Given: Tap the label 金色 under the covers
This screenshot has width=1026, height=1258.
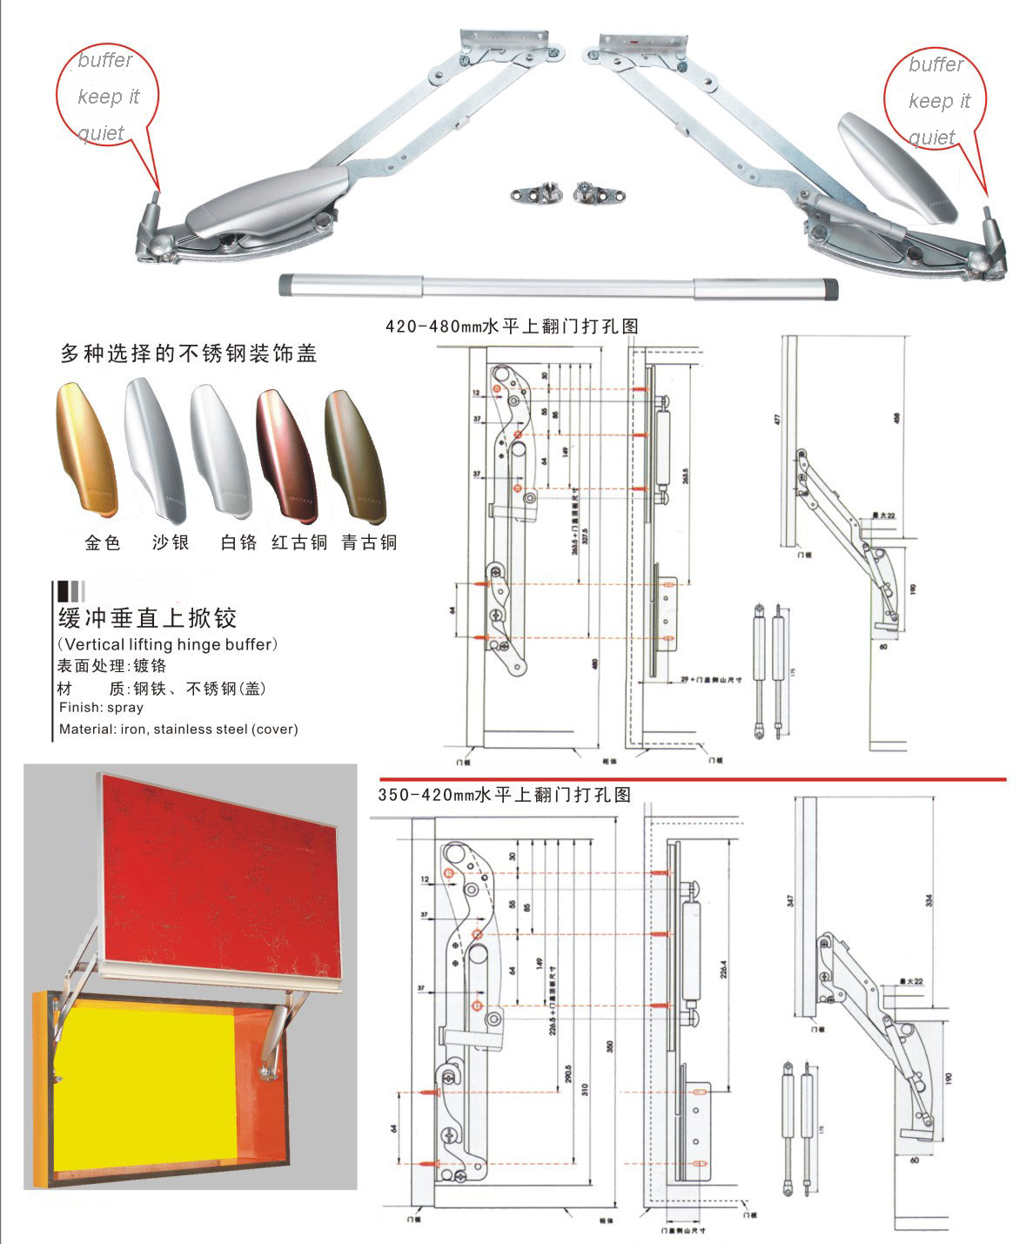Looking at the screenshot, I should coord(103,543).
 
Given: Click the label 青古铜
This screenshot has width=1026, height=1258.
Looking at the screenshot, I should coord(369,543).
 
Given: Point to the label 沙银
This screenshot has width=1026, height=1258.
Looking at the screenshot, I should coord(171,543).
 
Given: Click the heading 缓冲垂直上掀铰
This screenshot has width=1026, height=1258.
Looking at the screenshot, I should coord(147,619).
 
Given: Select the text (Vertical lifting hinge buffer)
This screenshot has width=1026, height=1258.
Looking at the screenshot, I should coord(167,645).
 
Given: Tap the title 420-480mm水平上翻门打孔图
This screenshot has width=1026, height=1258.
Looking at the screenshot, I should coord(512,326).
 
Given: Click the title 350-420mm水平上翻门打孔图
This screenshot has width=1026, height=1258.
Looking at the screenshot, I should coord(504,795).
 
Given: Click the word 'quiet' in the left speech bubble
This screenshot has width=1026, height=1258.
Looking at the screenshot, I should coord(101,133).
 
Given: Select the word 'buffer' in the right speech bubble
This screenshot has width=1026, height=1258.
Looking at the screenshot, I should coord(935,64).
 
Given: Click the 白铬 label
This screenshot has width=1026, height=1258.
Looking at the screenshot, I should coord(238,543).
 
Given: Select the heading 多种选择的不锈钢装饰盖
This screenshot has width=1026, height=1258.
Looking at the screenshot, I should coord(188,354).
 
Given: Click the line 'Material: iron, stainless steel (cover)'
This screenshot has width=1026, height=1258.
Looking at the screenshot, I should coord(178,730).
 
